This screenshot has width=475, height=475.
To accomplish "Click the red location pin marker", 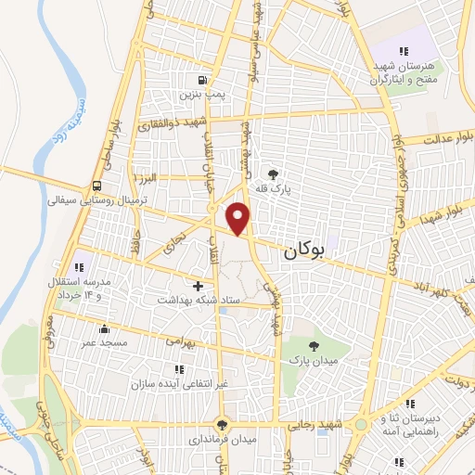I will click(239, 217).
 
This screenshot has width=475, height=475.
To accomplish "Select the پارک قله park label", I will click(274, 187).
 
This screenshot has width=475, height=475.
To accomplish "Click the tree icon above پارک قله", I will click(273, 173).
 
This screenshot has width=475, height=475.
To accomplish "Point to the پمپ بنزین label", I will click(201, 95).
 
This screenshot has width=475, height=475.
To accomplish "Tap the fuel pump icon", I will click(201, 79).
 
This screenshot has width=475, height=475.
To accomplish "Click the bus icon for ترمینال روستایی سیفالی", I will click(97, 185).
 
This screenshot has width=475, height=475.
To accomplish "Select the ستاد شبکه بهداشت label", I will click(198, 301).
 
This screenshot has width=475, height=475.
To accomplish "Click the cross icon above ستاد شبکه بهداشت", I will click(198, 286).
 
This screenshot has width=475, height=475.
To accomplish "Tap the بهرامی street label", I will click(183, 341).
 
